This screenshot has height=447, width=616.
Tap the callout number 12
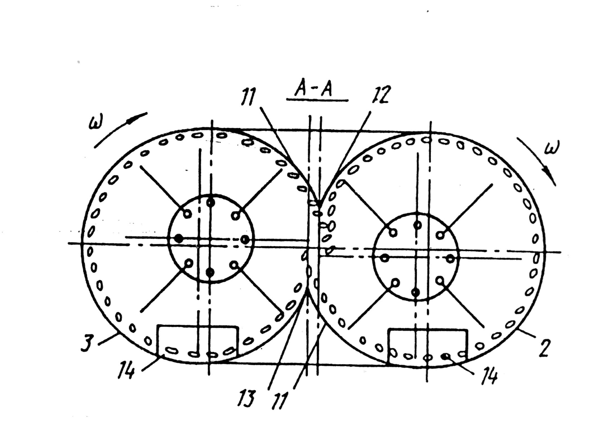pyautogui.click(x=380, y=95)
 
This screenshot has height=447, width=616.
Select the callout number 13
pyautogui.click(x=247, y=398)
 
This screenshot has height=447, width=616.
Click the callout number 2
pyautogui.click(x=544, y=348)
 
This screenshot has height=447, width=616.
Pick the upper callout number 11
pyautogui.click(x=248, y=97)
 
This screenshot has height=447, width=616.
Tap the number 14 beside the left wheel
pyautogui.click(x=126, y=370)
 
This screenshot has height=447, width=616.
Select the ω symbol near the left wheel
pyautogui.click(x=96, y=121)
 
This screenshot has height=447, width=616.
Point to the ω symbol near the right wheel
pyautogui.click(x=552, y=147)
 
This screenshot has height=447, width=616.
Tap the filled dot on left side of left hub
pyautogui.click(x=179, y=239)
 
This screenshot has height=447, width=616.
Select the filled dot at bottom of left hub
pyautogui.click(x=210, y=272)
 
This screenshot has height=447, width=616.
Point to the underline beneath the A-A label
pyautogui.click(x=317, y=100)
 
